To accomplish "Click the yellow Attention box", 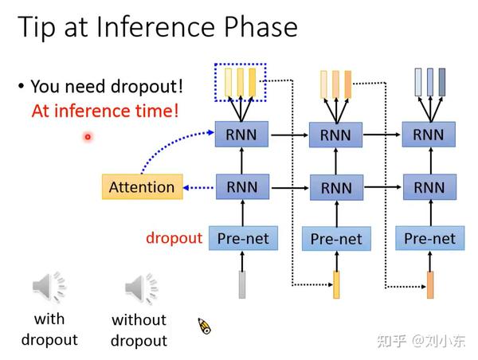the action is click(143, 187).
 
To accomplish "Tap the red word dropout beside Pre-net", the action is click(174, 238).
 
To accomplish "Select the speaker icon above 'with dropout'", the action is click(49, 288).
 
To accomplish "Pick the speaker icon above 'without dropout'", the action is click(142, 288).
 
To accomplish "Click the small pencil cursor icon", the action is click(204, 326).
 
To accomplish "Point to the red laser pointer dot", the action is click(88, 137).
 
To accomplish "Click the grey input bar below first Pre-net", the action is click(242, 284).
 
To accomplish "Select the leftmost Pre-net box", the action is click(243, 238).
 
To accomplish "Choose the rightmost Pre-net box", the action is click(430, 238).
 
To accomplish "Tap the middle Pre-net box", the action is click(336, 239).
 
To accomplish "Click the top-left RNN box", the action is click(241, 134).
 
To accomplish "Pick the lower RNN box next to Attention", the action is click(242, 187).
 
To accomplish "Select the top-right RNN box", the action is click(429, 135).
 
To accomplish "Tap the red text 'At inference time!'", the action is click(105, 111).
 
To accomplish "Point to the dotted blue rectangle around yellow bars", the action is click(241, 64).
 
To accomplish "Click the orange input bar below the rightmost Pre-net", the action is click(430, 285).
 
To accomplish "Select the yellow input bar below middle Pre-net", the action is click(336, 284).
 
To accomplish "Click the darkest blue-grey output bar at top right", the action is click(441, 82).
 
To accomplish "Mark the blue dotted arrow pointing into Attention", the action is click(198, 188).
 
